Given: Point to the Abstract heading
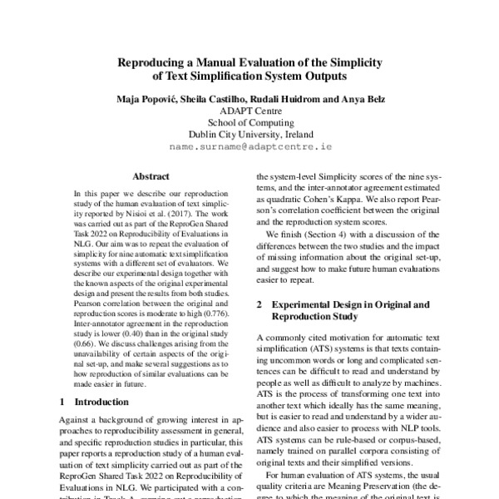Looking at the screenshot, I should (151, 176).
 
